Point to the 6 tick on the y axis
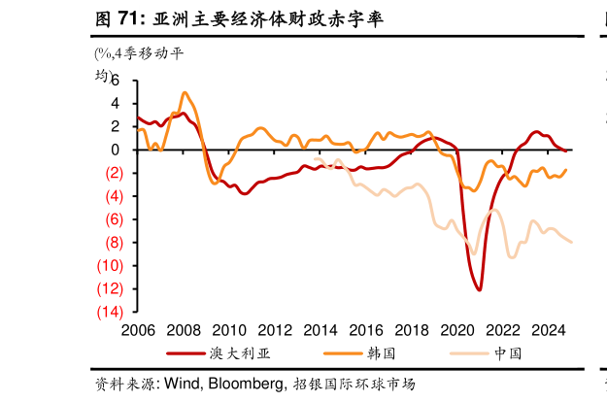coord(115,80)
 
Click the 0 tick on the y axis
coord(115,150)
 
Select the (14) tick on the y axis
coord(109,312)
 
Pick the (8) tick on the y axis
coord(112,242)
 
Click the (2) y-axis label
coord(112,173)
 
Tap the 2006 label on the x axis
coord(137,330)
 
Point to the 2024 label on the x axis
coord(553,330)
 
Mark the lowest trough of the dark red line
coord(480,289)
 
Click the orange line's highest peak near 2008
coord(185,93)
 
